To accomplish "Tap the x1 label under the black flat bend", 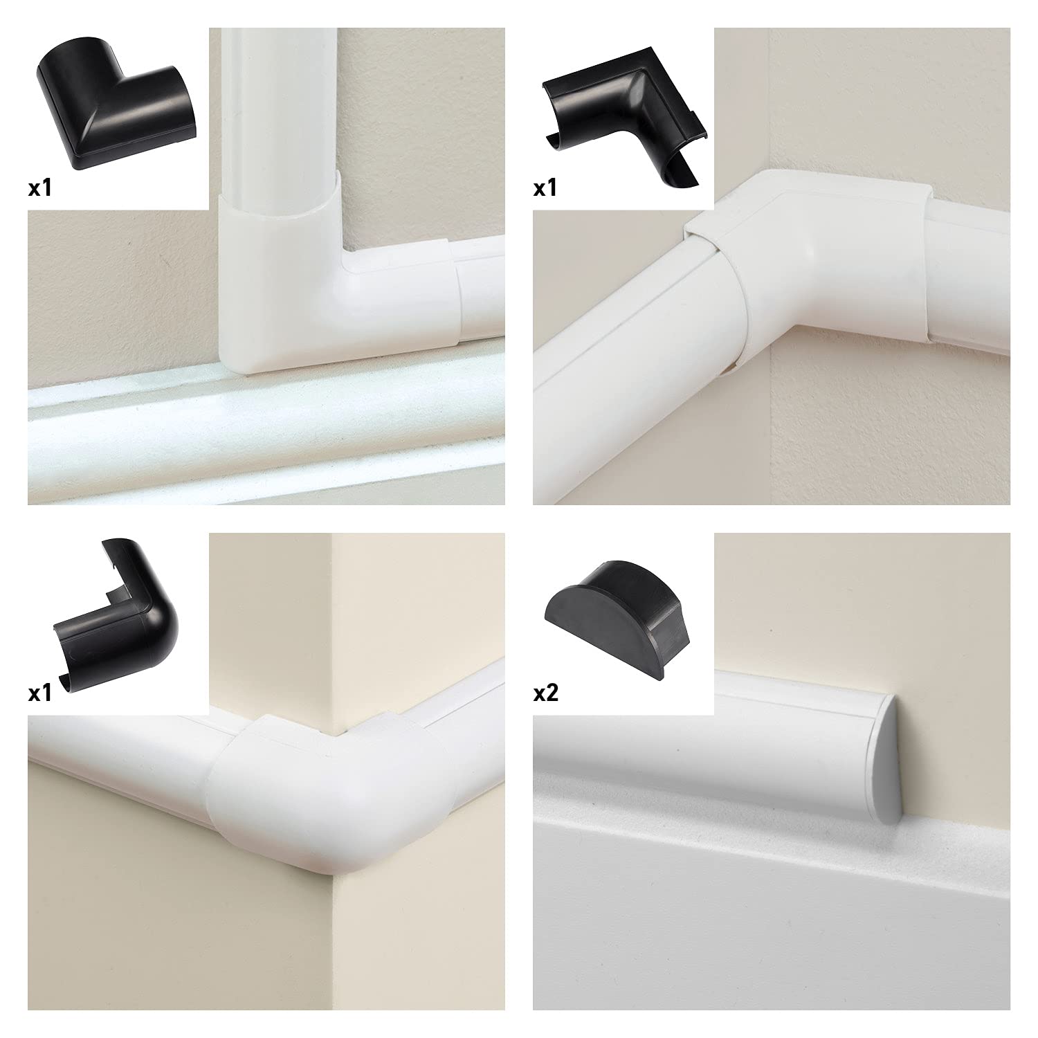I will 40,189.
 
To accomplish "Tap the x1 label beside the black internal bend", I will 545,189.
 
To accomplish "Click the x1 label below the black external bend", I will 40,694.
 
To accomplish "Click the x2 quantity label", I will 546,694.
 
